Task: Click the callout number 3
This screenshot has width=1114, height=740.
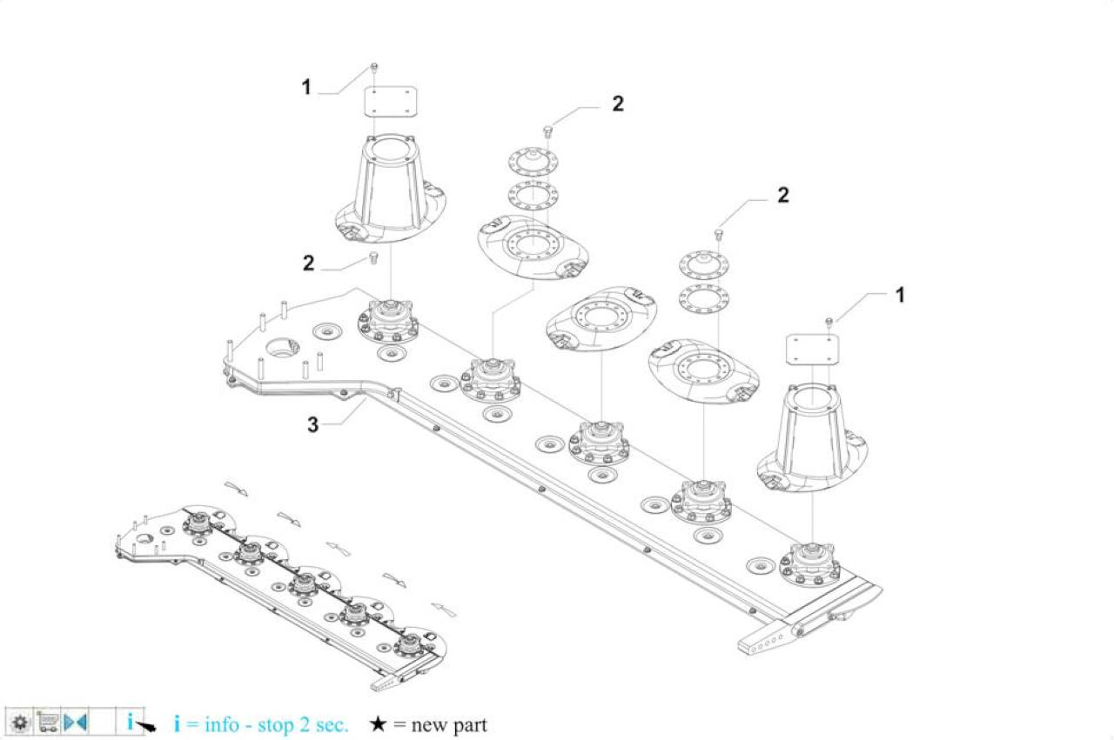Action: pos(312,425)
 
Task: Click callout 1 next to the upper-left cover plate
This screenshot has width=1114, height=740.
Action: pos(306,88)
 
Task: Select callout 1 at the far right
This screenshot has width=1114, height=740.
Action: pos(900,295)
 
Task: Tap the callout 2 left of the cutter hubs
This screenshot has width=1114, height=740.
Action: pos(308,263)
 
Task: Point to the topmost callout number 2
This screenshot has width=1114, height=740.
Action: pos(618,103)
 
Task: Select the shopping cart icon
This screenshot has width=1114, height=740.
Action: pos(47,722)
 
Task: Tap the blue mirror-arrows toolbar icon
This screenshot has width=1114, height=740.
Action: pos(76,722)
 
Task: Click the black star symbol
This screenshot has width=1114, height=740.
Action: pos(378,724)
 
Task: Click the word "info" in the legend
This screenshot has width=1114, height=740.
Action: pos(222,724)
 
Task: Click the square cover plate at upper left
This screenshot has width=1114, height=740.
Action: pos(391,103)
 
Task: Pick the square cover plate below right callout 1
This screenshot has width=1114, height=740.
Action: pos(812,350)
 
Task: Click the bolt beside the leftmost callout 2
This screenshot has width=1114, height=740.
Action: pos(373,257)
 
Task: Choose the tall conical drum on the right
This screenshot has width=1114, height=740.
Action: pos(812,438)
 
